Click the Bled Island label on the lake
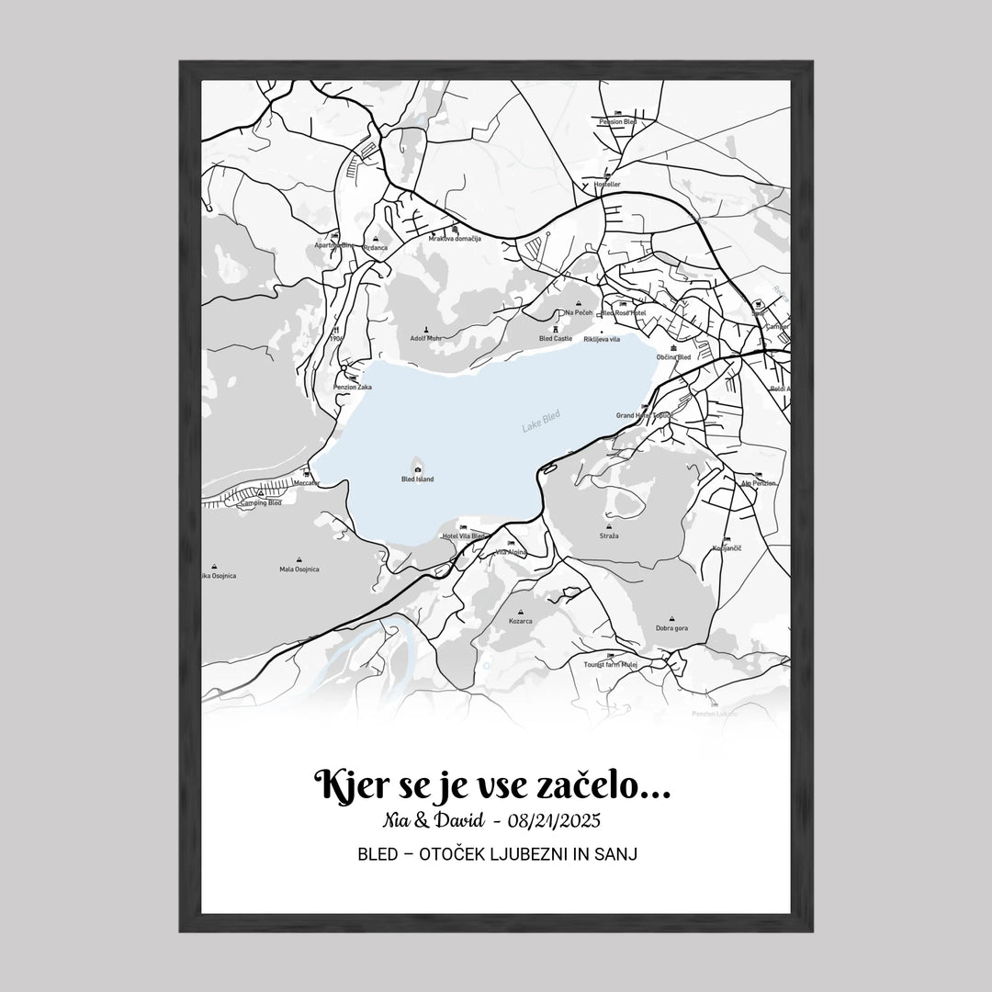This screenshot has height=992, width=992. [x=418, y=479]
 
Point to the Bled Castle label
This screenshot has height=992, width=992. [x=556, y=338]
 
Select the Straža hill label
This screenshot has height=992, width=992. [x=609, y=535]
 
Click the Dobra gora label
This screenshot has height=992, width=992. [x=671, y=628]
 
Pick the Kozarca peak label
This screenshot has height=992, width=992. [x=521, y=620]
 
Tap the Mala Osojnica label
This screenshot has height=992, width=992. [x=299, y=569]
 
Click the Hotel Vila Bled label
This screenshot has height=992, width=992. [x=463, y=535]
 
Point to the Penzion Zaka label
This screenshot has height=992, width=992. [x=352, y=388]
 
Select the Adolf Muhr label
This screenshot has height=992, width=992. [x=426, y=338]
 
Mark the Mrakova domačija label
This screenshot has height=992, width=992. [x=455, y=239]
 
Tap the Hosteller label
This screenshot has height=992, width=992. [x=608, y=184]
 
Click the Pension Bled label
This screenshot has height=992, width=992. [x=617, y=121]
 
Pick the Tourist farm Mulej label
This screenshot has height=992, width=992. [x=611, y=663]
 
